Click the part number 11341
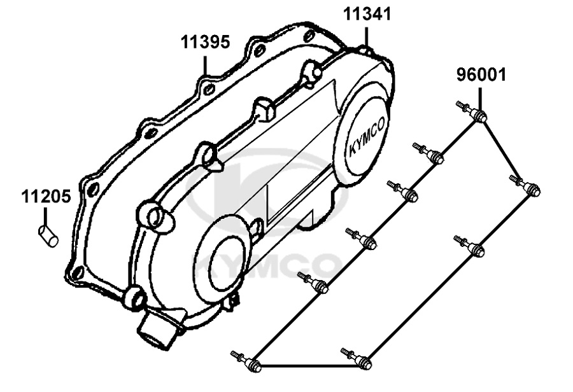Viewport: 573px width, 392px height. (x=367, y=14)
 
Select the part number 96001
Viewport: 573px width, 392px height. (x=481, y=74)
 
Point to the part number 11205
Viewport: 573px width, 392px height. (x=46, y=197)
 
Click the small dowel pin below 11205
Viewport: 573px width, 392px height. (x=48, y=236)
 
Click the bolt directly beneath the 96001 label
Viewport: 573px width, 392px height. (x=471, y=111)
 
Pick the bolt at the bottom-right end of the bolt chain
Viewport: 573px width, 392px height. (x=357, y=358)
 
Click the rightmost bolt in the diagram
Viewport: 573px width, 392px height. (x=525, y=185)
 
